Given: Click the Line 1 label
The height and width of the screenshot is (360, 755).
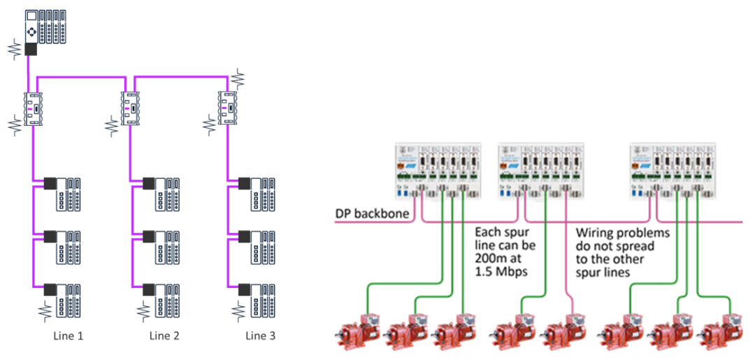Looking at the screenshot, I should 69,336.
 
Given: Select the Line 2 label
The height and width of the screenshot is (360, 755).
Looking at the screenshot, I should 164,336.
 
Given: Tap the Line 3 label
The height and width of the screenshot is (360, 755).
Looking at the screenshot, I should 260,336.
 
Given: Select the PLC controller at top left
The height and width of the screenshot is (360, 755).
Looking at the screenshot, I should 45,27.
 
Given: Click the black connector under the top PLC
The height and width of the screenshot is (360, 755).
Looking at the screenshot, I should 31,49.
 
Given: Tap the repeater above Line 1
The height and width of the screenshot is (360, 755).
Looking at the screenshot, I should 34,108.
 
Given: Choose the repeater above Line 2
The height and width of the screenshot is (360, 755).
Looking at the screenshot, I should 130,108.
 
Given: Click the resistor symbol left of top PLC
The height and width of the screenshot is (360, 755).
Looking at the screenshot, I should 13,49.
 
